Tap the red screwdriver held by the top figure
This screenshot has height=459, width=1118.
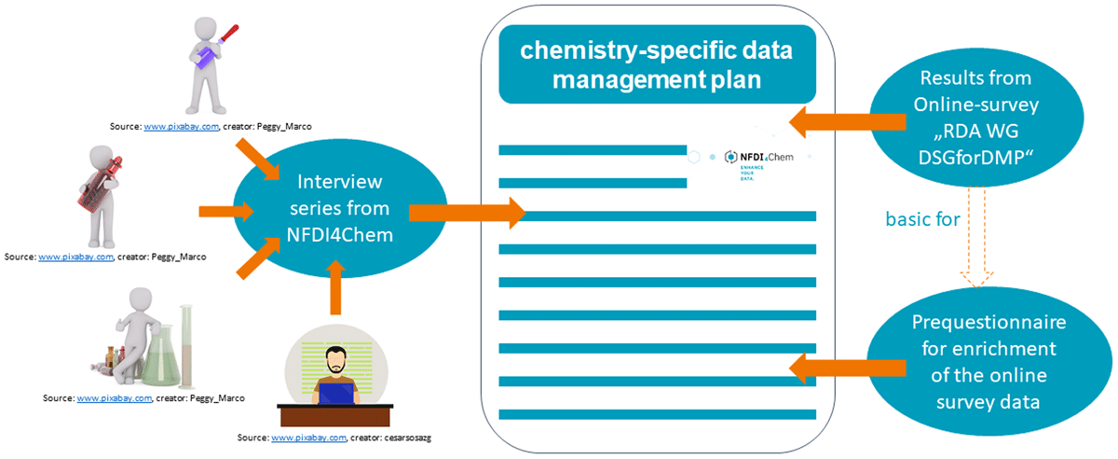point(228,35)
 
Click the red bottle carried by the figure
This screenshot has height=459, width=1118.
point(101,185)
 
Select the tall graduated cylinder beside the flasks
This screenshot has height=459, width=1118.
point(186,346)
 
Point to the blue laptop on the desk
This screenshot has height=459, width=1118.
point(336,394)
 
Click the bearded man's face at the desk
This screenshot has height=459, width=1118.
point(336,361)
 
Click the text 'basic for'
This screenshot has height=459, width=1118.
point(922,219)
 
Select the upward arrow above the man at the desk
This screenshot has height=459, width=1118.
point(336,287)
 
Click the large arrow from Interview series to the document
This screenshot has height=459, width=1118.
point(467,213)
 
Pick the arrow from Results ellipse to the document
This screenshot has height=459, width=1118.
point(848,122)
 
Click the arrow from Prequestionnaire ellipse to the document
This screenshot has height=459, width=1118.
point(848,369)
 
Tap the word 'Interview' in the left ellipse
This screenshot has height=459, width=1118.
point(339,182)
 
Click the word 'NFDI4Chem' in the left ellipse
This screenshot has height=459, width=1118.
point(339,234)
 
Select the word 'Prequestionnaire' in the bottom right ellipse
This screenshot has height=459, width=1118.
point(988,323)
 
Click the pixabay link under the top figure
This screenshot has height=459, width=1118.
point(181,127)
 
